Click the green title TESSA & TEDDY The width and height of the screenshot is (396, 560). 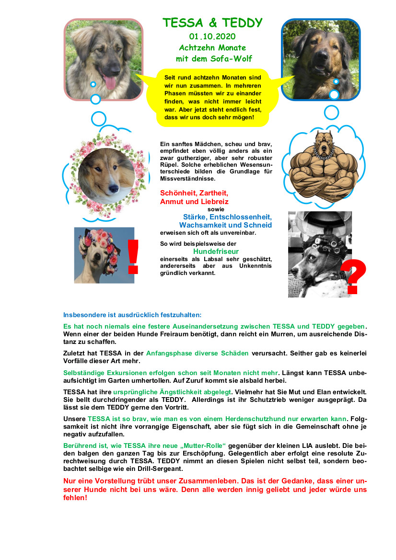click(x=212, y=23)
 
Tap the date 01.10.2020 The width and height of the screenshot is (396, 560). click(x=212, y=36)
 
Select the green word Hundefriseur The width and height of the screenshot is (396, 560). click(x=216, y=251)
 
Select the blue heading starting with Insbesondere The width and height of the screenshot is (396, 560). click(x=132, y=315)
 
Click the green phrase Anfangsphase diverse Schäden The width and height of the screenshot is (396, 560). click(x=198, y=353)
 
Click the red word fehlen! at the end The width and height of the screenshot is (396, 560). click(x=75, y=498)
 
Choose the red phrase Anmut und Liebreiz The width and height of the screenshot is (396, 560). click(x=194, y=202)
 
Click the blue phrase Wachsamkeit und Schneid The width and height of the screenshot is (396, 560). click(x=225, y=225)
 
